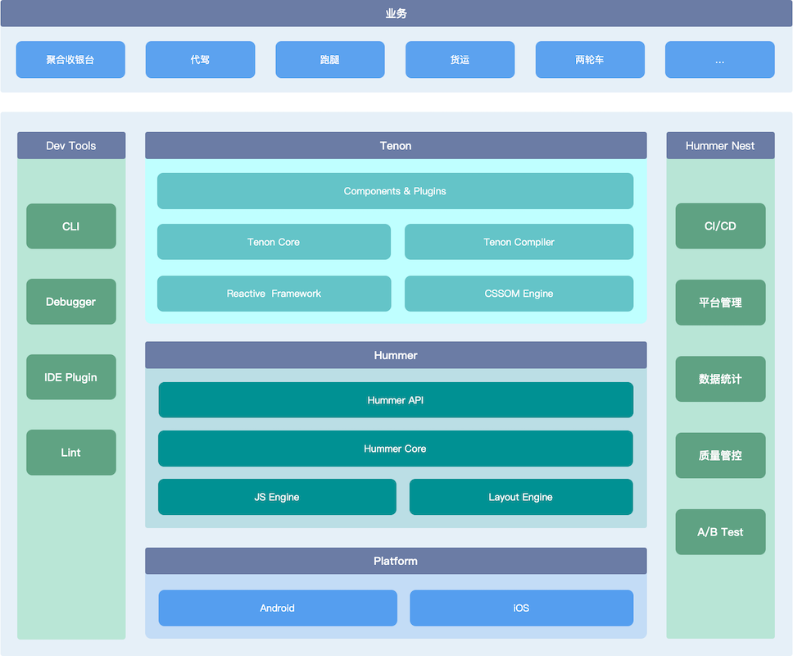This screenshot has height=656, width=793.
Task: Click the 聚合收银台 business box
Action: click(70, 60)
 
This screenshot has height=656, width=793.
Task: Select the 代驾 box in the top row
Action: click(200, 60)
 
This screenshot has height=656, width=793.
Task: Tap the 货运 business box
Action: click(460, 60)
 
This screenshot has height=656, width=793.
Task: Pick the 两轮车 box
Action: click(590, 60)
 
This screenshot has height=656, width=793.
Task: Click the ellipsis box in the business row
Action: click(719, 60)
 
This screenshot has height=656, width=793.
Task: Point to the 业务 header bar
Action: click(396, 13)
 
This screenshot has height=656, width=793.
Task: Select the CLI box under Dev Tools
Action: click(71, 226)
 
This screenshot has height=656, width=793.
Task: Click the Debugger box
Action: click(71, 302)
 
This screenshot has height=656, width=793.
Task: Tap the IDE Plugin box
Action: click(71, 377)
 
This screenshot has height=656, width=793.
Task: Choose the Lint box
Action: click(71, 453)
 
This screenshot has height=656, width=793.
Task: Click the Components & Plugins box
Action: click(395, 191)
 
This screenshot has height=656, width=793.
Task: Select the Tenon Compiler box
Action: click(519, 242)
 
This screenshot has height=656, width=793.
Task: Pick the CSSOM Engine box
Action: click(519, 294)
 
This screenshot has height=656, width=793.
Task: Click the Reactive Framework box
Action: click(274, 294)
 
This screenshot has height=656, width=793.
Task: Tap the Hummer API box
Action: click(395, 400)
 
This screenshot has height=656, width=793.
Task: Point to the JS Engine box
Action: click(277, 497)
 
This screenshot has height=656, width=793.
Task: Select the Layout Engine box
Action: click(521, 497)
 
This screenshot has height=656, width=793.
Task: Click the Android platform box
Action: click(277, 608)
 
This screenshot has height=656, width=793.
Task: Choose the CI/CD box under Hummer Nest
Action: click(720, 226)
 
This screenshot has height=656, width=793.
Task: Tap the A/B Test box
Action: click(720, 532)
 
